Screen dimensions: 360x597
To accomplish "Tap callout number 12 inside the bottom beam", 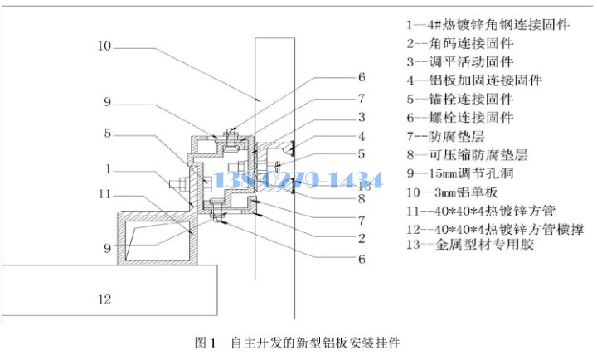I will click(x=103, y=299).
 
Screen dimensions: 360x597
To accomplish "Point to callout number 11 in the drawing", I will click(x=103, y=194).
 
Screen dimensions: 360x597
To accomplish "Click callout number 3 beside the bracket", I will click(x=361, y=117).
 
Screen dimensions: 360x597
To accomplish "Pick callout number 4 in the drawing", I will click(x=361, y=136).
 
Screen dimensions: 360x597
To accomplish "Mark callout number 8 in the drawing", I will click(x=361, y=198).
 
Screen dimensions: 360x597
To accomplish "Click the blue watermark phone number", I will click(x=298, y=179).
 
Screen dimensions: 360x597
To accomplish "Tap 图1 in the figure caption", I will click(x=204, y=341).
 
